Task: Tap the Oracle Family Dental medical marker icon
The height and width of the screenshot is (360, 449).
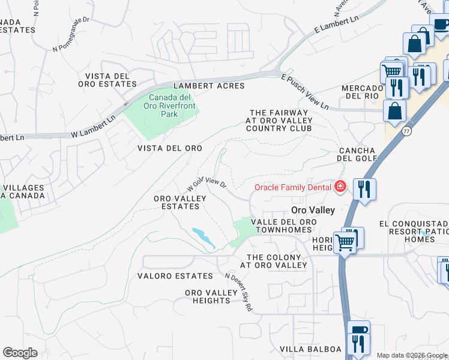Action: point(340,187)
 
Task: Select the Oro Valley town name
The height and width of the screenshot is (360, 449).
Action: point(312,210)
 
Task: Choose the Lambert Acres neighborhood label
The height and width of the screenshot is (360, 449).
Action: point(209,86)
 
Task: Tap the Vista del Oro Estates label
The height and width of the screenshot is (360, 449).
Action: point(107,80)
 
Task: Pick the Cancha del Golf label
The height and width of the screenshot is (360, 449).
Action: point(357,154)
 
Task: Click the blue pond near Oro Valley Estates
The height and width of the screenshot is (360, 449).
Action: point(203,237)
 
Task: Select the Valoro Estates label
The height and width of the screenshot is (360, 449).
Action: point(175,276)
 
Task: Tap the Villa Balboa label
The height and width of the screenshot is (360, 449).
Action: point(310,349)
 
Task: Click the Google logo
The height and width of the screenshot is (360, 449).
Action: point(20,353)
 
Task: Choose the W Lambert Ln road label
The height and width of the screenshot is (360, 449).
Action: point(92,128)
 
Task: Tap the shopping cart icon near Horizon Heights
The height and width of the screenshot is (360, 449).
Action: point(344,241)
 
